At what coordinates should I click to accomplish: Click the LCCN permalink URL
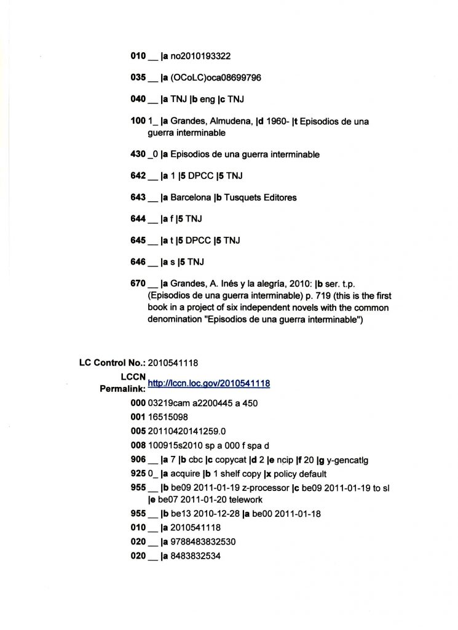tap(210, 383)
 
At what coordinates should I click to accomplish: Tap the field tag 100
tap(137, 122)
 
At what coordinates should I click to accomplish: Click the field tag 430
tap(137, 154)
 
